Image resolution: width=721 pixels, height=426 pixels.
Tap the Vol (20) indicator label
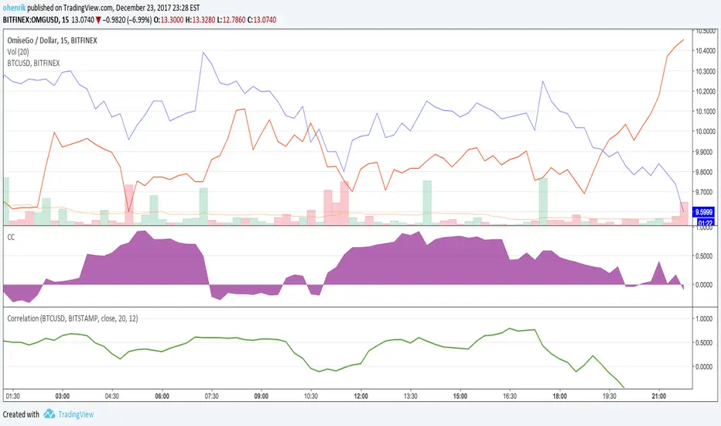coord(20,50)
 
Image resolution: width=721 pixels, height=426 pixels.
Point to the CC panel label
coord(11,238)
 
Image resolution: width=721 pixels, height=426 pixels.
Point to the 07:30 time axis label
coord(211,393)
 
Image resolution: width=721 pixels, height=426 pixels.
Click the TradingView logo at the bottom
coord(70,414)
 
